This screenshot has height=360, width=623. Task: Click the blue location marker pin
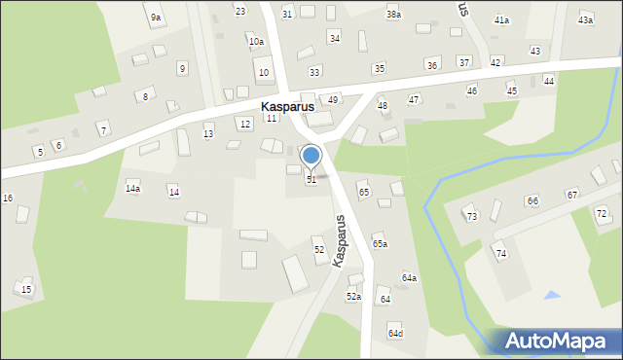[311, 156]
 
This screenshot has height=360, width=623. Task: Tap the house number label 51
[311, 179]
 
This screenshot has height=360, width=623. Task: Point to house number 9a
[156, 18]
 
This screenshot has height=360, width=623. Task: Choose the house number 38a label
[393, 15]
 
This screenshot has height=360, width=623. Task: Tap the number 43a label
[585, 19]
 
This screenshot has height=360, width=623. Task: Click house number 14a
[132, 189]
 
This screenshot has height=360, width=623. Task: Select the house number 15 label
[26, 289]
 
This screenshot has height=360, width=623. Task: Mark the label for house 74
[501, 253]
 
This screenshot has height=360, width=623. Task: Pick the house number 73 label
[471, 216]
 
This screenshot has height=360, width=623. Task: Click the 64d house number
[395, 334]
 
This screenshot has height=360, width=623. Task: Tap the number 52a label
[353, 296]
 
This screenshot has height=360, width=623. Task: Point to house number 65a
[380, 243]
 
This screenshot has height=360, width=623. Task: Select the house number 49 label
[333, 99]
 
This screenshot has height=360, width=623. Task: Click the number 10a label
[256, 41]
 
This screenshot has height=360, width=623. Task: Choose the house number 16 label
[8, 198]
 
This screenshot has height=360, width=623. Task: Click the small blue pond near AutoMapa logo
[553, 295]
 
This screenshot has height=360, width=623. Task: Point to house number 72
[602, 213]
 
